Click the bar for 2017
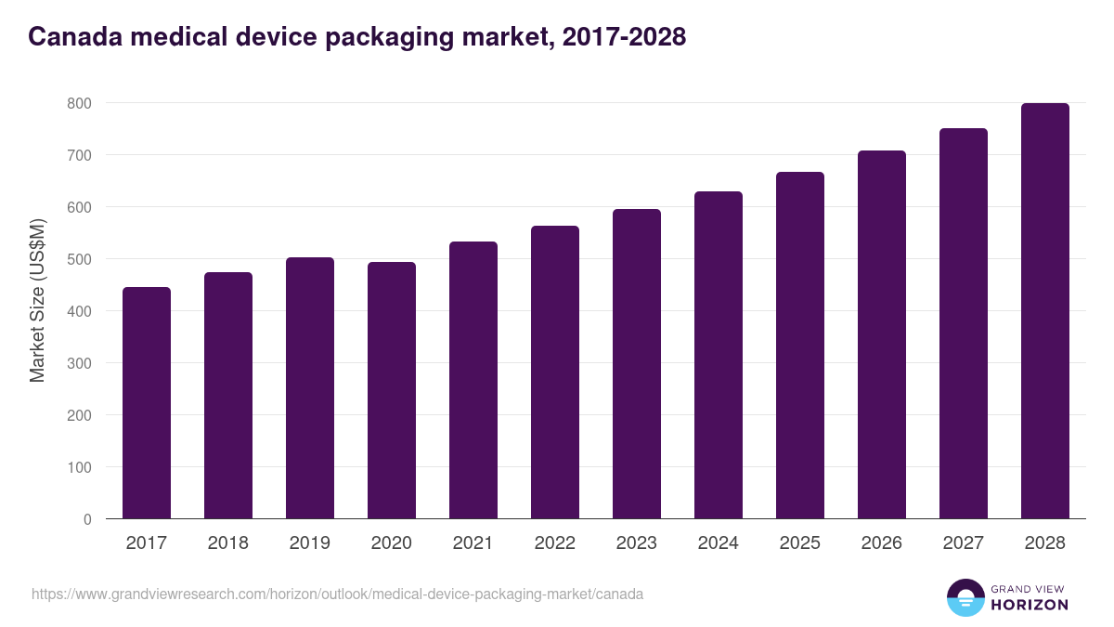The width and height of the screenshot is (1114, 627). coord(147,403)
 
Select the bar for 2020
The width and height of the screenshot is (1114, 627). coord(392,390)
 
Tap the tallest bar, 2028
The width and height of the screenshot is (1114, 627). coord(1045,311)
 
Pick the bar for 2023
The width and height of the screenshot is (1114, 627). coord(637,364)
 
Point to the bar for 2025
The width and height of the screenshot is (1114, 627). coord(800,346)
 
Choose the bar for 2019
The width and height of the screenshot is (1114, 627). coord(310,388)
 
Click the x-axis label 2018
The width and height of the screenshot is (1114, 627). coord(228,543)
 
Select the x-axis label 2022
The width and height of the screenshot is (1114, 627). coord(555,543)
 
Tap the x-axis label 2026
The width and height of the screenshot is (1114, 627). coord(882,543)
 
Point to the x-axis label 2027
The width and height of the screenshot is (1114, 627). coord(964,543)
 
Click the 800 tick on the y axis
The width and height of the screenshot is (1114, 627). coord(79,103)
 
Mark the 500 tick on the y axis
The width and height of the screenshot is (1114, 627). coord(79,259)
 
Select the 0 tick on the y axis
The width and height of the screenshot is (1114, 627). coord(87,519)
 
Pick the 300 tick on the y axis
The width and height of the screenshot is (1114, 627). coord(79,363)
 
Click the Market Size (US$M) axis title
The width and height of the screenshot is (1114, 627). coord(37,300)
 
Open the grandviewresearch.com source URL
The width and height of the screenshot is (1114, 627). coord(337,594)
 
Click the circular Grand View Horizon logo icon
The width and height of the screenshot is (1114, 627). coord(965,597)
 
